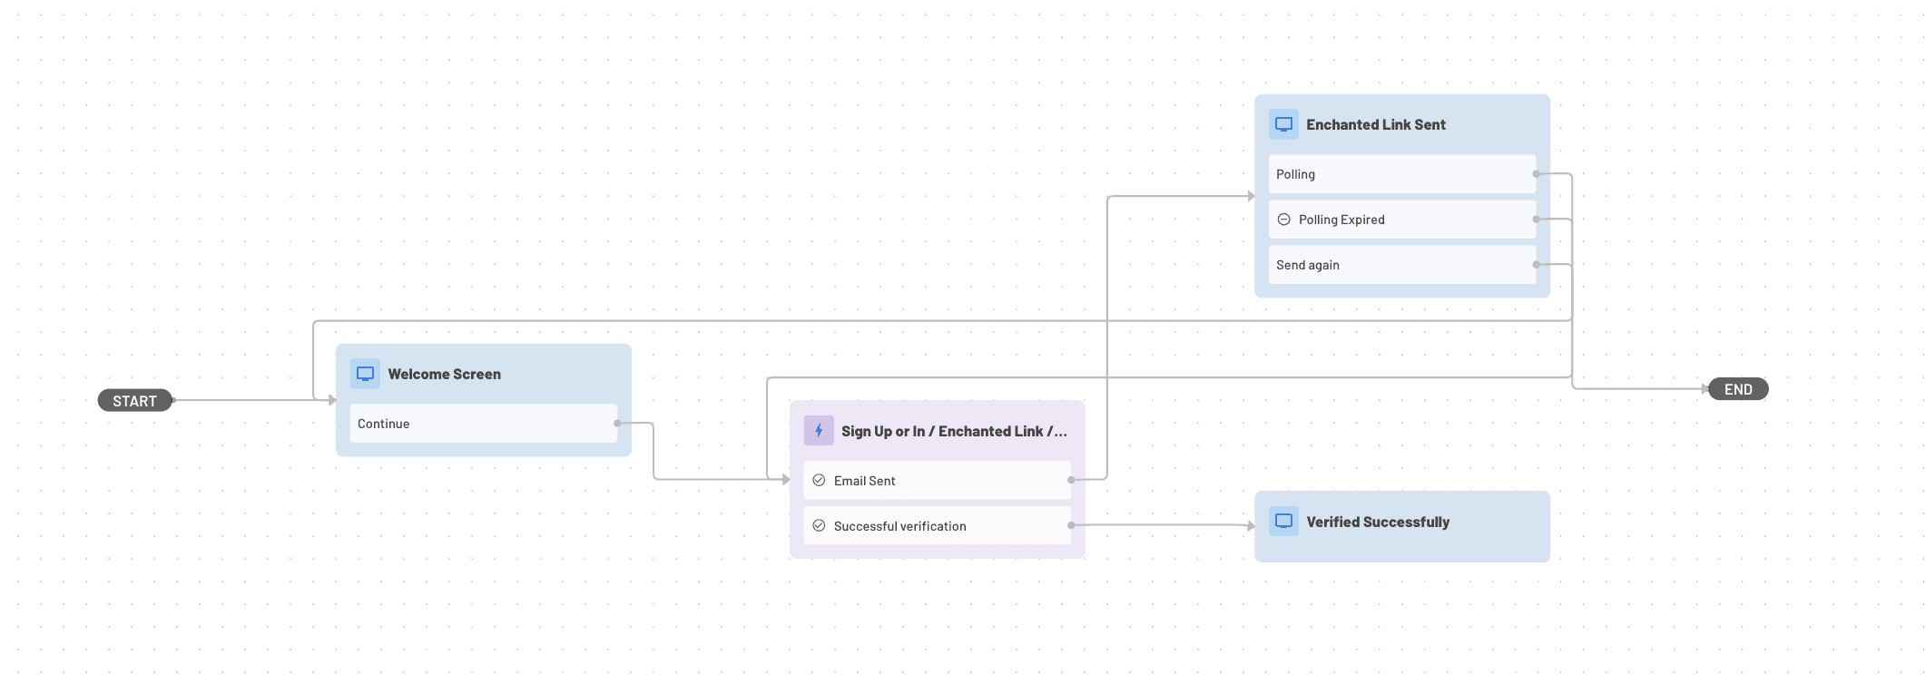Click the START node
click(x=134, y=401)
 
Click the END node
click(x=1738, y=389)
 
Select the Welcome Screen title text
click(x=444, y=374)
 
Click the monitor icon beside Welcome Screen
click(x=366, y=374)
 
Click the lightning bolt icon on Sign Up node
click(x=819, y=431)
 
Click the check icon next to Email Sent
click(x=819, y=481)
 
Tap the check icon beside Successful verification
click(x=819, y=526)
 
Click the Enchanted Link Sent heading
click(x=1375, y=124)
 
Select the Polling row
click(x=1401, y=174)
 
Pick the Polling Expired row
click(x=1401, y=220)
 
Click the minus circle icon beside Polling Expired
click(x=1284, y=220)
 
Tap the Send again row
click(x=1401, y=265)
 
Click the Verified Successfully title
click(x=1377, y=522)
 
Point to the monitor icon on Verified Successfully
click(x=1284, y=522)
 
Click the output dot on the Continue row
click(x=618, y=424)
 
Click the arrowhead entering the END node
click(x=1705, y=389)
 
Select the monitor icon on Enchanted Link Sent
click(x=1284, y=124)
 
